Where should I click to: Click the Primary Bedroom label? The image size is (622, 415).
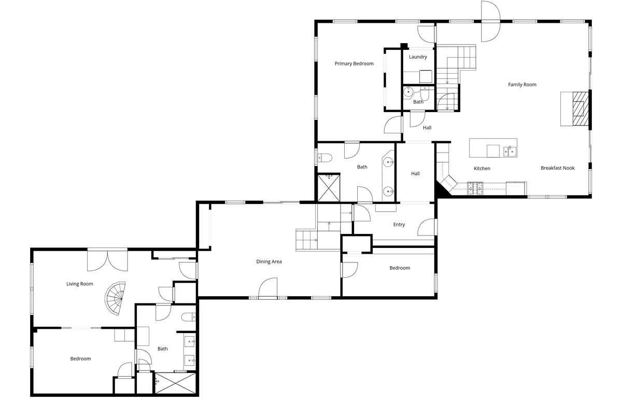tap(354, 64)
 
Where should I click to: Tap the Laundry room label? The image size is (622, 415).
tap(418, 57)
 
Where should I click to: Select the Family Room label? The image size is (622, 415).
tap(522, 85)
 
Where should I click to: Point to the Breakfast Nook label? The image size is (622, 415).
tap(558, 168)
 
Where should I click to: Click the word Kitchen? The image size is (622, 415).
tap(482, 169)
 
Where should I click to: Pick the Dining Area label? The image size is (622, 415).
tap(269, 261)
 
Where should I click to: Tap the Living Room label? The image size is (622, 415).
tap(80, 284)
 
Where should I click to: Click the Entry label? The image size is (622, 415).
tap(399, 225)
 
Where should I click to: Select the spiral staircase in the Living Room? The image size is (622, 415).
tap(115, 298)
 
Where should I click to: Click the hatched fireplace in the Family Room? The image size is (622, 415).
tap(581, 108)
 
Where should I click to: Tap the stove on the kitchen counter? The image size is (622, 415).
tap(475, 188)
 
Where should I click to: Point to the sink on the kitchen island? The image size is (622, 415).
tap(510, 151)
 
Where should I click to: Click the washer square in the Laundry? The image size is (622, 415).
tap(426, 76)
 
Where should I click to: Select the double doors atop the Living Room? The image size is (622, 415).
tap(107, 260)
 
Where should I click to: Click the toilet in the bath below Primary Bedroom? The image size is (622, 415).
tap(324, 158)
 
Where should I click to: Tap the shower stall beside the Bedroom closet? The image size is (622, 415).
tap(175, 383)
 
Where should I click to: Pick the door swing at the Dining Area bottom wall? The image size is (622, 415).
tap(268, 288)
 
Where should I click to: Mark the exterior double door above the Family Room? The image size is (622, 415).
tap(491, 21)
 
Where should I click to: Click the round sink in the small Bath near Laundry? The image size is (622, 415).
tap(408, 92)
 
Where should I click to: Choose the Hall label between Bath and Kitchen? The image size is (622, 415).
tap(415, 174)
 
